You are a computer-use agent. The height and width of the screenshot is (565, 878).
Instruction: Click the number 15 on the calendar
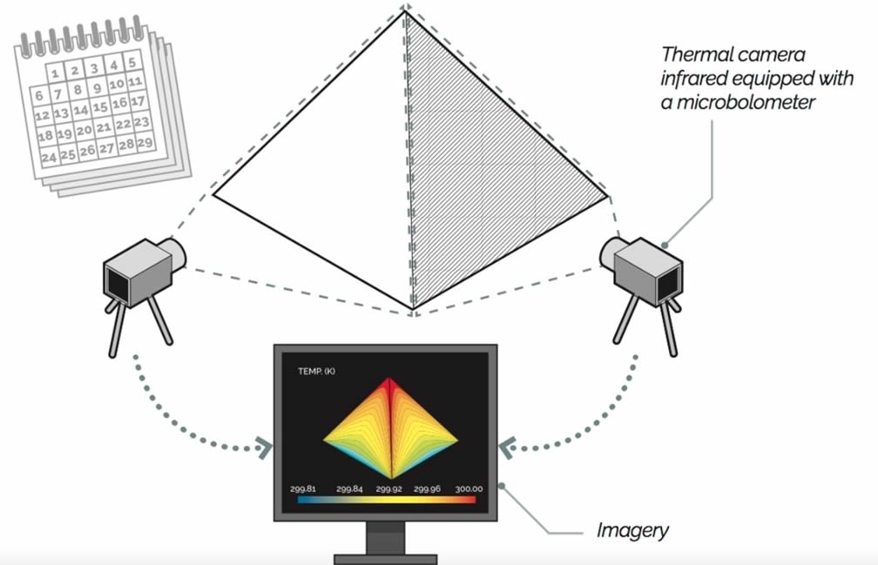100,108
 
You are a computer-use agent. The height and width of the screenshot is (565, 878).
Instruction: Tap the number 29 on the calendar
145,142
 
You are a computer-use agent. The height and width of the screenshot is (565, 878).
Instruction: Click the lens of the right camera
611,251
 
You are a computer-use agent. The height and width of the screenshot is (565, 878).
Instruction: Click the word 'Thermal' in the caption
690,54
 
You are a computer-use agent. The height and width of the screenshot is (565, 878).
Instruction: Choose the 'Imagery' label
632,528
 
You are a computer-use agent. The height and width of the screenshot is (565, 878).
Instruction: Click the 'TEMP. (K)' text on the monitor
316,372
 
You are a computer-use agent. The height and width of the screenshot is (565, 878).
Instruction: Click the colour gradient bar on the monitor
386,501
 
